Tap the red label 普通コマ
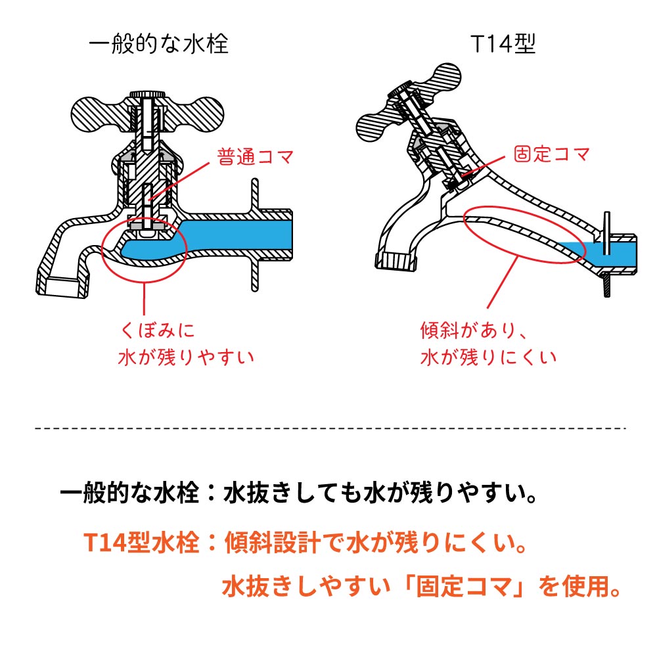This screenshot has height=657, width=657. pyautogui.click(x=254, y=158)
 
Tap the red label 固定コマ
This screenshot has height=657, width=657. pyautogui.click(x=551, y=155)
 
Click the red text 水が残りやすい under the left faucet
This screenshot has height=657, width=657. pyautogui.click(x=186, y=357)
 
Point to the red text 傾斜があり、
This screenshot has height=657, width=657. pyautogui.click(x=474, y=328)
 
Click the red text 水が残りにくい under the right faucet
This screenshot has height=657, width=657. pyautogui.click(x=487, y=357)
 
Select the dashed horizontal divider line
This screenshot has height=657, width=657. pyautogui.click(x=328, y=428)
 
